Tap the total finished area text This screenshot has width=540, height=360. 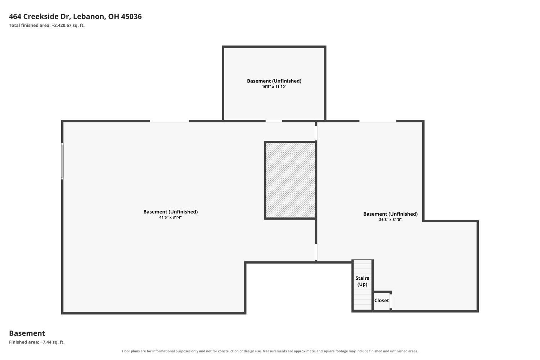click(47, 25)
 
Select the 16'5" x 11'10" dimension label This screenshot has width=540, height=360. click(274, 86)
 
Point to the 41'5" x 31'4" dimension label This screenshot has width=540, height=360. click(170, 217)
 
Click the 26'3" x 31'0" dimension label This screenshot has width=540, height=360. click(390, 220)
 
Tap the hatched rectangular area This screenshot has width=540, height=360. click(290, 180)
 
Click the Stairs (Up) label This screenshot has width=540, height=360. click(362, 281)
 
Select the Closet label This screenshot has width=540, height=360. click(381, 301)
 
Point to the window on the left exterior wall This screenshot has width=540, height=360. click(62, 161)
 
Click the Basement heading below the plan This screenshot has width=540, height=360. click(27, 333)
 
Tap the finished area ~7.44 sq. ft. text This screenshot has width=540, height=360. click(37, 342)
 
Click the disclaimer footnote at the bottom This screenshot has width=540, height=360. click(270, 351)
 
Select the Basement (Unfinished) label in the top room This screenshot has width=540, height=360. click(274, 81)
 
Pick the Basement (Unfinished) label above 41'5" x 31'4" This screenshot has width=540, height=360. click(170, 212)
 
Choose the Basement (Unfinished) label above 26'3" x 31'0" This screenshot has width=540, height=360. click(390, 214)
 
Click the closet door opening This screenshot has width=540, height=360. click(391, 301)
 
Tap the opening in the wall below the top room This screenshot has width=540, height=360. click(274, 121)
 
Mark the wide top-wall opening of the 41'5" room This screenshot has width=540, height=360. click(169, 121)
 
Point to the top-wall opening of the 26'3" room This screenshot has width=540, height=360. click(378, 121)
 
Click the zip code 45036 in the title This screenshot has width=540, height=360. click(131, 17)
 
